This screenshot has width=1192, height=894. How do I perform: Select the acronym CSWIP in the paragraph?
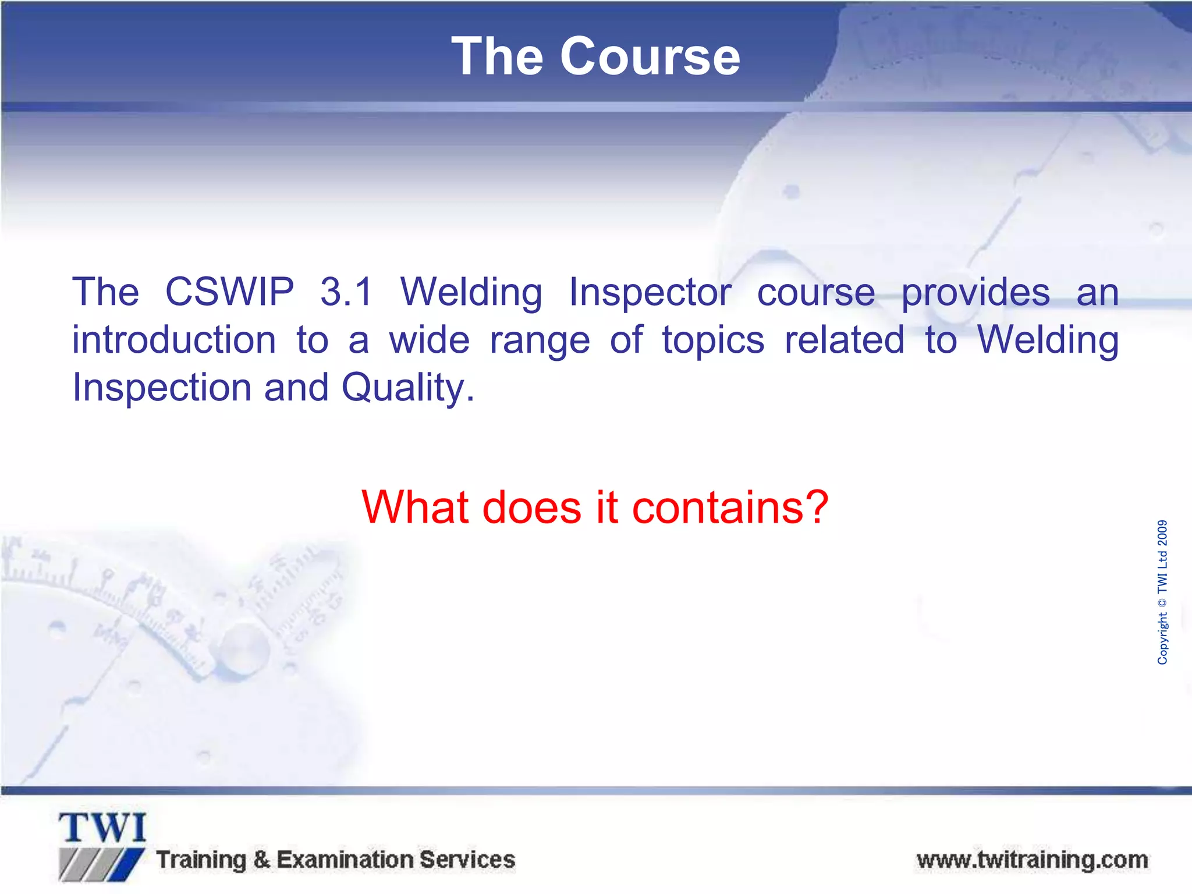click(229, 292)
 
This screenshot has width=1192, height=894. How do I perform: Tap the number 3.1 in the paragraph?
click(346, 292)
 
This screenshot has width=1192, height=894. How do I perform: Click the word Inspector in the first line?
click(650, 293)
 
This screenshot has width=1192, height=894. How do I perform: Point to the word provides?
click(975, 293)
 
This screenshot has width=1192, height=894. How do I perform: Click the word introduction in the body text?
click(173, 340)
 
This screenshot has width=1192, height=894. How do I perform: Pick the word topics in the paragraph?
click(713, 341)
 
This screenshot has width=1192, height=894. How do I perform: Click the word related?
click(844, 340)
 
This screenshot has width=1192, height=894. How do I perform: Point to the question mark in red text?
click(817, 507)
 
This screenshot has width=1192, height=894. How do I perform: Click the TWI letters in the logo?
click(102, 828)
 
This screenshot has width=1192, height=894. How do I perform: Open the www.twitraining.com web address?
click(1032, 860)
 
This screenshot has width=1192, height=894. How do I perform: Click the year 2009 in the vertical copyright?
click(1162, 533)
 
